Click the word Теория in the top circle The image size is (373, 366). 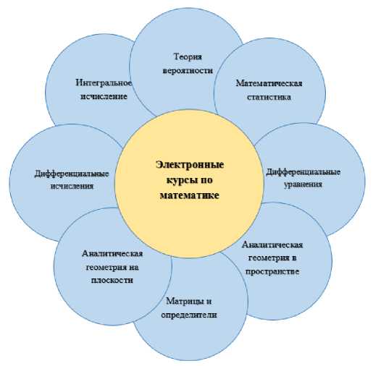(188, 57)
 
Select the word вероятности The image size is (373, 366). (188, 71)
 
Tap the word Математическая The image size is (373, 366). (269, 83)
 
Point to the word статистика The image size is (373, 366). (269, 97)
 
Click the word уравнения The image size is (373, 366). (303, 184)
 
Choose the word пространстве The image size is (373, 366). (272, 271)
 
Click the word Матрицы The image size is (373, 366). (183, 302)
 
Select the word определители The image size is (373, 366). (189, 315)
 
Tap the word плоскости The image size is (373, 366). (112, 280)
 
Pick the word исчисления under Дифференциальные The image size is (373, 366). (72, 186)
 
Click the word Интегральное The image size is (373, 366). (104, 83)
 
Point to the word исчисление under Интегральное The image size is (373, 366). (104, 96)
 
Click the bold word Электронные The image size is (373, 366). (190, 165)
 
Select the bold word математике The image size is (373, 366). (190, 195)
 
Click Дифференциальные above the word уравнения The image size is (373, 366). (303, 172)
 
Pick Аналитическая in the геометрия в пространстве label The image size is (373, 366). (272, 245)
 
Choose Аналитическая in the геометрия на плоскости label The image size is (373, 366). (112, 253)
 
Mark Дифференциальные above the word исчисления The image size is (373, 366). (72, 174)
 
